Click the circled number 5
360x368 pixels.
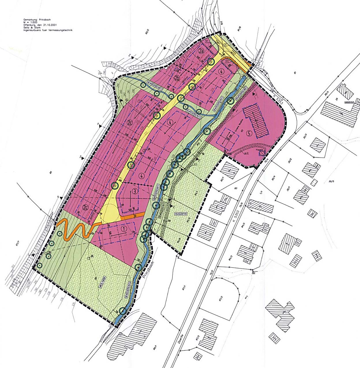point(249,133)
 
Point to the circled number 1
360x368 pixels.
point(124,229)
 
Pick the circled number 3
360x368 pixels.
point(135,191)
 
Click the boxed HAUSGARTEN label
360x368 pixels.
point(181,214)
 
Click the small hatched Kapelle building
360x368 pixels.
point(261,154)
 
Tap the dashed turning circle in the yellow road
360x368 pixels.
point(109,213)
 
